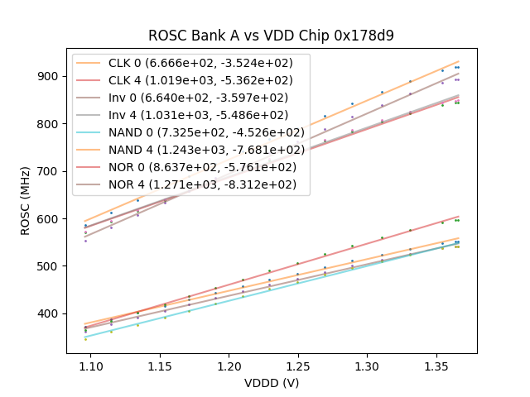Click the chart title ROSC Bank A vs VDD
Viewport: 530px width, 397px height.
coord(271,36)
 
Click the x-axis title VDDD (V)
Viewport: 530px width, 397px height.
coord(271,382)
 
